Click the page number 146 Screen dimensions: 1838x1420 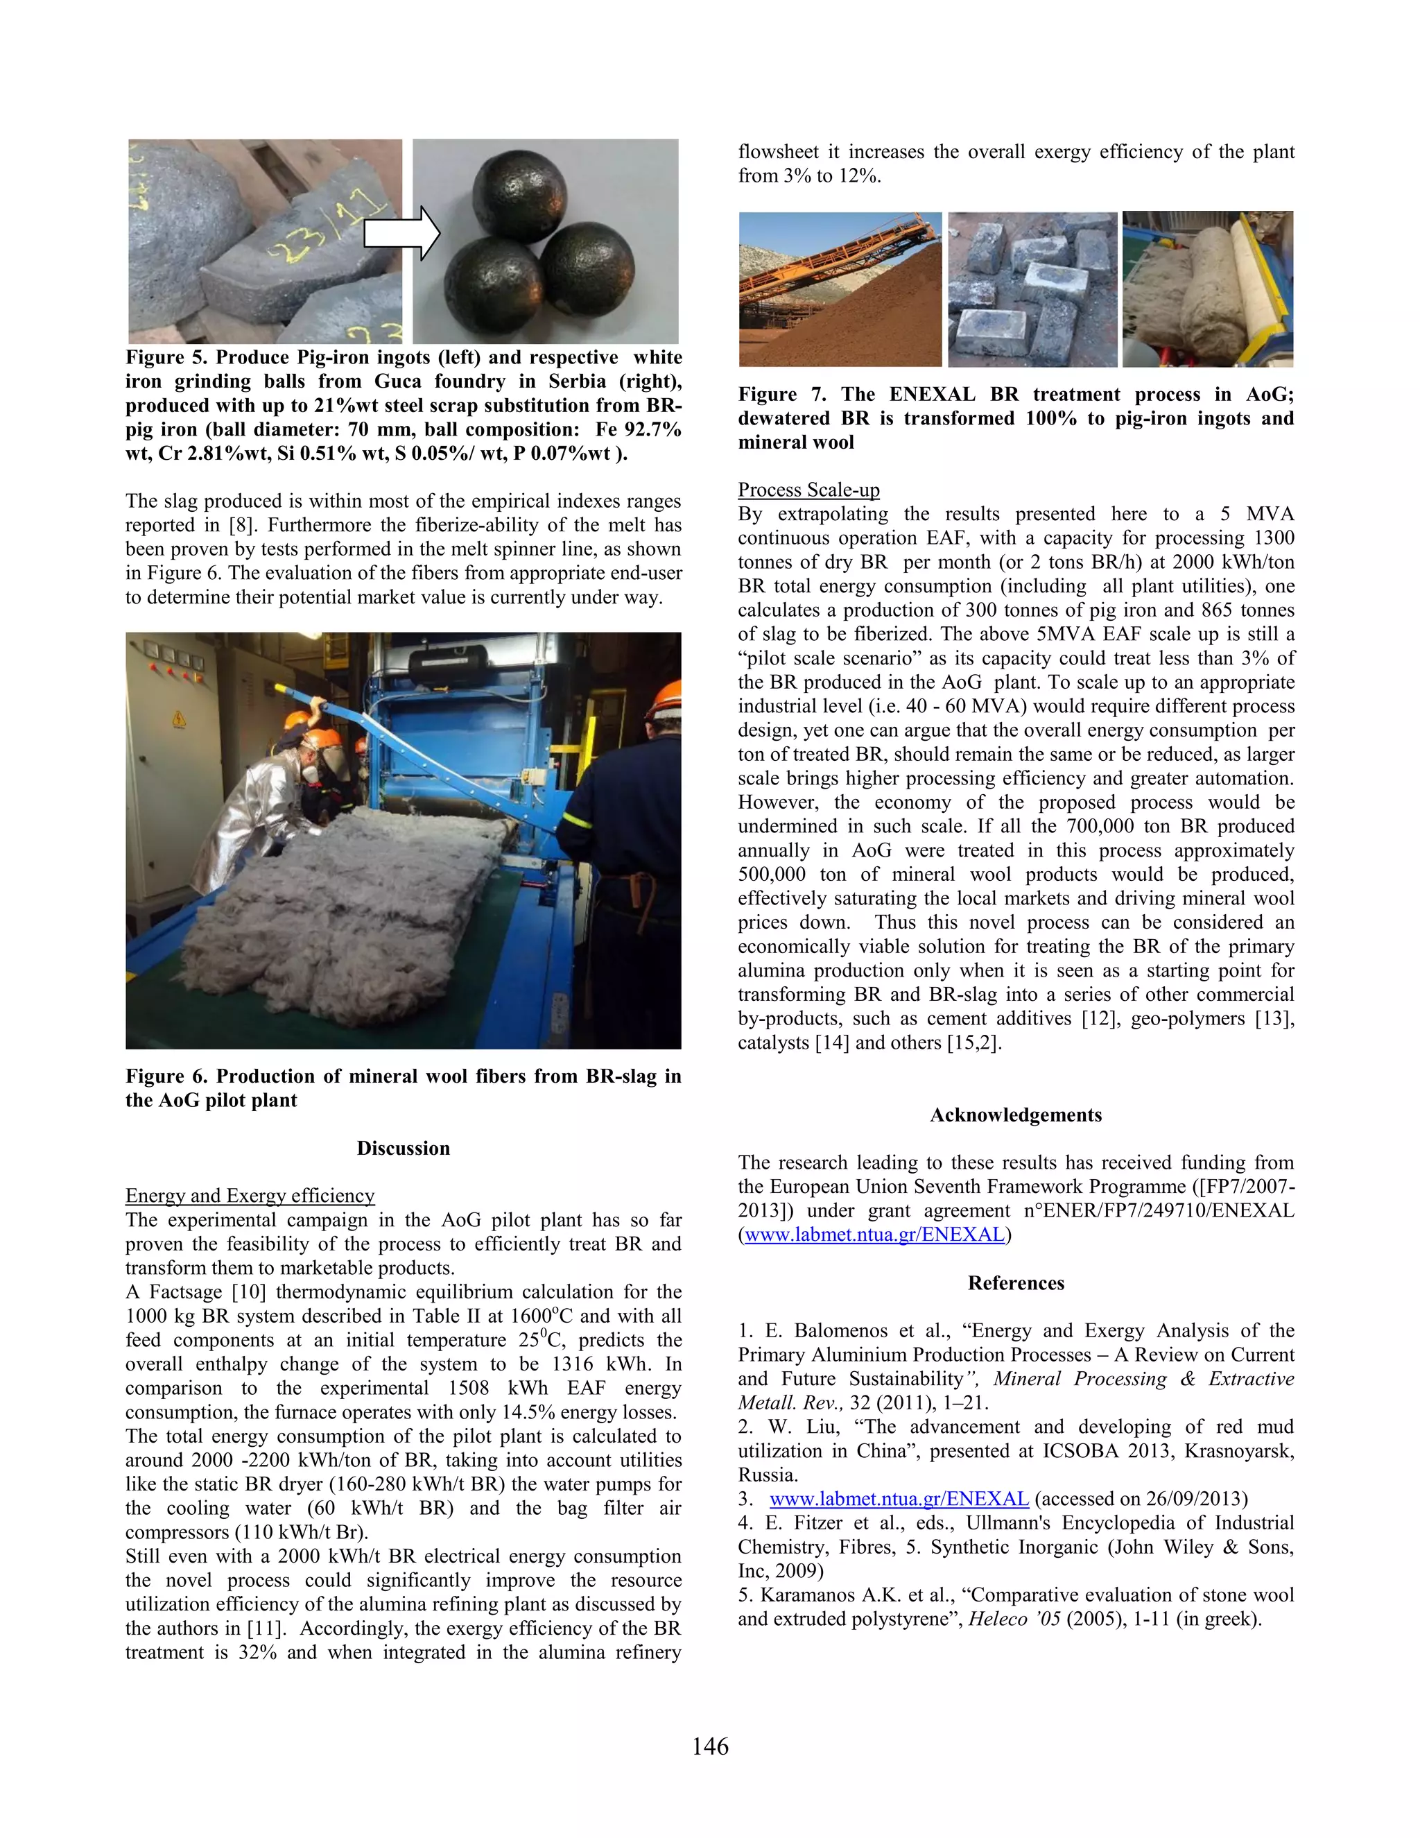click(x=710, y=1746)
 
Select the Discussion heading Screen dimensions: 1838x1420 click(x=403, y=1149)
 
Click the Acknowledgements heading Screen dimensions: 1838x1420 click(x=1015, y=1115)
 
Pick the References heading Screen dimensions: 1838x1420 click(x=1015, y=1282)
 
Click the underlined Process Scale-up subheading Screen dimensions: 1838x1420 click(x=808, y=490)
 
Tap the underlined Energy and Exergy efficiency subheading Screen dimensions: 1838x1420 click(x=250, y=1196)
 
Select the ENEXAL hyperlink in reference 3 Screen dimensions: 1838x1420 click(x=899, y=1499)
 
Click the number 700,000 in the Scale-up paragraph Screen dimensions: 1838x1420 click(x=1100, y=827)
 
